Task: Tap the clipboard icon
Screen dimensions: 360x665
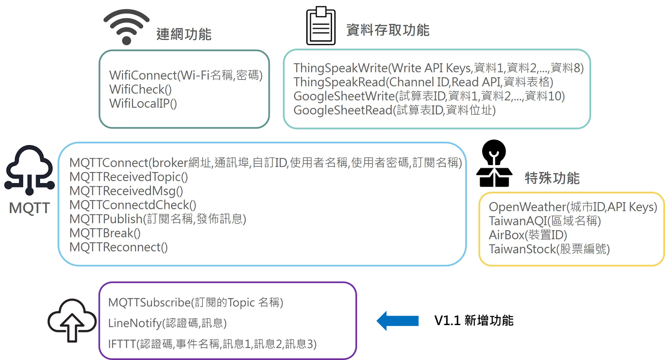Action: coord(320,26)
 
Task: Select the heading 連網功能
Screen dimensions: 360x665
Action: coord(184,34)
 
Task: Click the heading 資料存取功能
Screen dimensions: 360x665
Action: coord(388,30)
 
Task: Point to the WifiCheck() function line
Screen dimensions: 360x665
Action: coord(140,89)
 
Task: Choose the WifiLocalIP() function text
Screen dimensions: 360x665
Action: coord(143,104)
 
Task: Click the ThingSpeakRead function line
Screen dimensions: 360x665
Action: coord(423,82)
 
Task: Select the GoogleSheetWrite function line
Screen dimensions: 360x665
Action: coord(429,96)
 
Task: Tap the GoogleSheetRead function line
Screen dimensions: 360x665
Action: coord(394,110)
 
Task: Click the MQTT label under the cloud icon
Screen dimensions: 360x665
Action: coord(30,208)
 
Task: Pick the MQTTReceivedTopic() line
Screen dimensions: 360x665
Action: coord(128,177)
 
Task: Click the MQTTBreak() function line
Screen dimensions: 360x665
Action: coord(105,233)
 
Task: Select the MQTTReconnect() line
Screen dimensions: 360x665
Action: coord(118,247)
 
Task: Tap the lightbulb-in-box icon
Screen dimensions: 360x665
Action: coord(494,164)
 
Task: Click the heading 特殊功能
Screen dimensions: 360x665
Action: coord(552,178)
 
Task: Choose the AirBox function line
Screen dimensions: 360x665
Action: coord(528,235)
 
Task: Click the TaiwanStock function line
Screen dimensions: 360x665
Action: coord(549,249)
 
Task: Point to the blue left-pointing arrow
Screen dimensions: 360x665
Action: coord(398,321)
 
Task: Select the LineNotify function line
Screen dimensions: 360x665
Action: coord(167,323)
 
